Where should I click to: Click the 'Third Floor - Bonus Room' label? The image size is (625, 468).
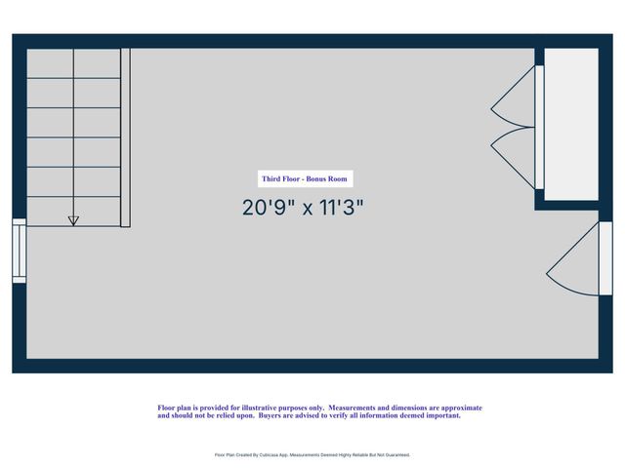(x=305, y=178)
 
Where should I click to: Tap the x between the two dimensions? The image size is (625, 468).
(x=306, y=209)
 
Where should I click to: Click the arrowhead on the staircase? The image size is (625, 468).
(x=73, y=220)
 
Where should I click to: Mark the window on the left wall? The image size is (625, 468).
(x=20, y=252)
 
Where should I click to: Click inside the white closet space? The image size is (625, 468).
(x=570, y=124)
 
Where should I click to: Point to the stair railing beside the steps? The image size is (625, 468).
(x=125, y=137)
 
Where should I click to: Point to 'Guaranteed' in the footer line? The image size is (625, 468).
(x=395, y=454)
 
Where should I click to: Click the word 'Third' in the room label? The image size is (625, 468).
(x=271, y=178)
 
